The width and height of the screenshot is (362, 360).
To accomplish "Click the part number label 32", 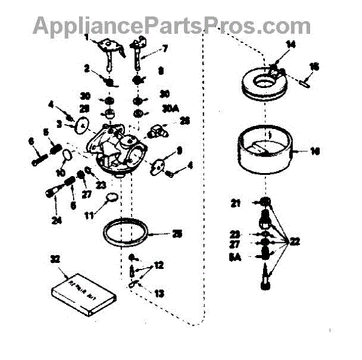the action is [x=55, y=259].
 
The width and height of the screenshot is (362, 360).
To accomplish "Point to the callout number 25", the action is [x=177, y=233].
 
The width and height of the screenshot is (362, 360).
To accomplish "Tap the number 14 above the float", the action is [x=291, y=44].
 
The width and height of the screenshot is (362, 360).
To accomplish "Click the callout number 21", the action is [x=236, y=203].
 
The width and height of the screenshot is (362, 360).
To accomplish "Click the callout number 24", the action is [x=57, y=221].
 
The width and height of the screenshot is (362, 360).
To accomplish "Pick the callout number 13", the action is [x=159, y=294].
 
